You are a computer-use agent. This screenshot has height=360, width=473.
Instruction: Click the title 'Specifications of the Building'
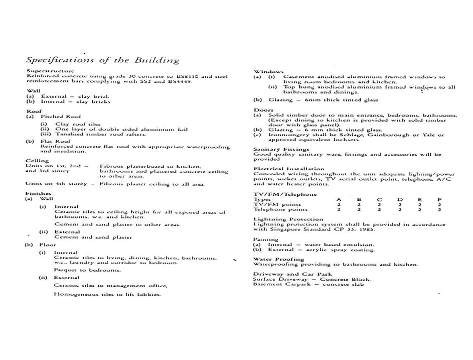(102, 60)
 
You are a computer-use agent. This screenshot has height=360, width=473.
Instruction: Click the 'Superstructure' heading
(50, 71)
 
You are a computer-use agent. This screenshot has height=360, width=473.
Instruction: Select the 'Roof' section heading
(34, 111)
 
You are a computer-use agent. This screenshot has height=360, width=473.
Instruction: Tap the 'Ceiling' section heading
(37, 161)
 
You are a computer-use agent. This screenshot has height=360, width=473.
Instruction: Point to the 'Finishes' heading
(38, 193)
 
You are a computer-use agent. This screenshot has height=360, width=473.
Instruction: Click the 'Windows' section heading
(268, 72)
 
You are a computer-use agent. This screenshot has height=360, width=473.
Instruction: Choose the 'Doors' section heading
(263, 110)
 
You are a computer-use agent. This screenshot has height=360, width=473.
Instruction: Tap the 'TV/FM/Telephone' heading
(285, 194)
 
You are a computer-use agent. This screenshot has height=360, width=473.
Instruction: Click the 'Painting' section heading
(266, 239)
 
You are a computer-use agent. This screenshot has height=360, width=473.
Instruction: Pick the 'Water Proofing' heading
(279, 259)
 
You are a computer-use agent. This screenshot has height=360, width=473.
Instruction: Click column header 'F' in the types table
(439, 200)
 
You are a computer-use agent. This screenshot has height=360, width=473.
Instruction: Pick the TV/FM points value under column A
(339, 205)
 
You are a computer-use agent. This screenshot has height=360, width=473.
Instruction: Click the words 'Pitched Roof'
(61, 116)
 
